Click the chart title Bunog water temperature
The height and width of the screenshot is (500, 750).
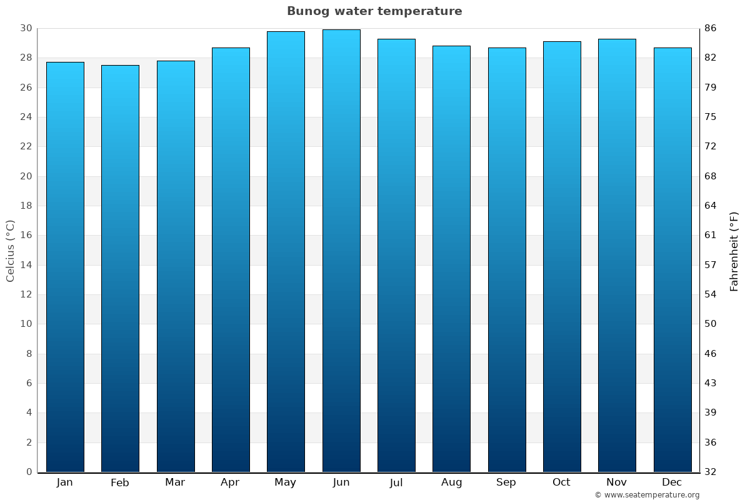[374, 11]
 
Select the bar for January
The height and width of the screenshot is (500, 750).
[65, 267]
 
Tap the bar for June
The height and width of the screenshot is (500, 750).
[341, 251]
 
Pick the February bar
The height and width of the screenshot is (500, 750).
[120, 269]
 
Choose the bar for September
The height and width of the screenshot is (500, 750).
[507, 259]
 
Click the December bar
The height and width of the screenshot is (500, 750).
[672, 259]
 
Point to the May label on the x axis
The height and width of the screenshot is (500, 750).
[286, 482]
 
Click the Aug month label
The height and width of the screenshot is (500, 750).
[451, 482]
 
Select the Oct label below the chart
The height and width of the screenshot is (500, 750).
[561, 482]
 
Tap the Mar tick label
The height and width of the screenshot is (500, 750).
[175, 482]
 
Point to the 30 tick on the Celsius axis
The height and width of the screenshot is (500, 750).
[26, 28]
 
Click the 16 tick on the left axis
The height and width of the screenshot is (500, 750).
[26, 235]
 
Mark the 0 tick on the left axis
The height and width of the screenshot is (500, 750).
[29, 472]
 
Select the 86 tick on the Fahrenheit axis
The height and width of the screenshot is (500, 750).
[710, 28]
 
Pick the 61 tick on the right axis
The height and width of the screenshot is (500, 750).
[710, 235]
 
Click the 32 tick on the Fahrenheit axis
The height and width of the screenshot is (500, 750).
[710, 472]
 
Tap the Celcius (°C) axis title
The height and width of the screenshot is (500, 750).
[10, 251]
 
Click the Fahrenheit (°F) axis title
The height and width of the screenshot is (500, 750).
[734, 251]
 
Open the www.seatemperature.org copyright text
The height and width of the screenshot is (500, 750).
[647, 495]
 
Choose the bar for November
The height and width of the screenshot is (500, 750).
[617, 255]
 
